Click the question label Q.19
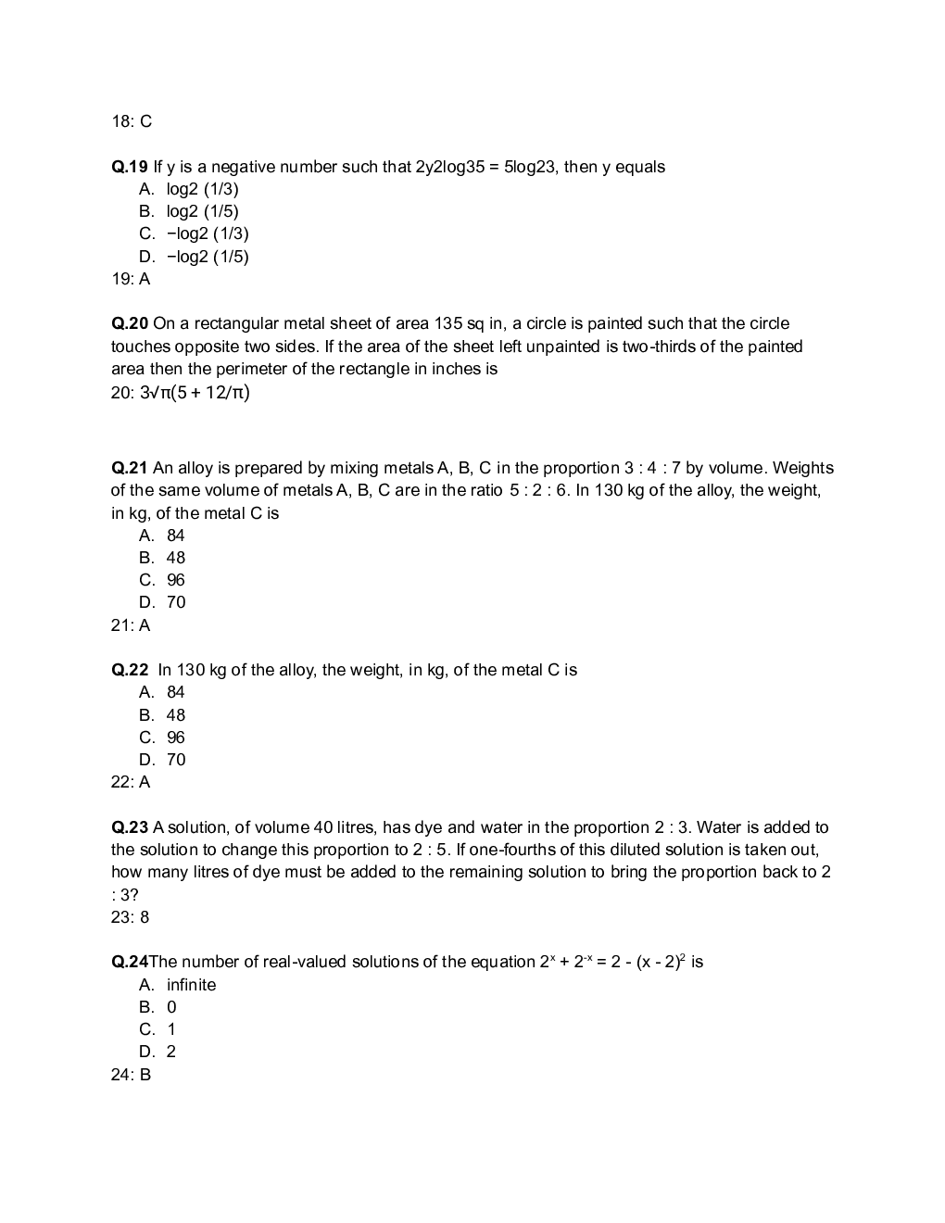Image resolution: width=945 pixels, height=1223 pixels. coord(130,168)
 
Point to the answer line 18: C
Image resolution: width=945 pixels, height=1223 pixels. coord(132,122)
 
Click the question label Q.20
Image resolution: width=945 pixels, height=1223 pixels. coord(130,324)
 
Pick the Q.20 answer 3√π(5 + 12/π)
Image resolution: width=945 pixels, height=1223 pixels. coord(194,393)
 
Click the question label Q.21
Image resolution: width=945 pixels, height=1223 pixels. coord(130,469)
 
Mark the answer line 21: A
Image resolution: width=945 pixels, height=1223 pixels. coord(131,626)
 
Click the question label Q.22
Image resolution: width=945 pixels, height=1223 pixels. coord(130,671)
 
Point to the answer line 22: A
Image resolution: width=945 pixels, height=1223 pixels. coord(131,783)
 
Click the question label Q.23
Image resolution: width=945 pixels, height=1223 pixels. coord(130,828)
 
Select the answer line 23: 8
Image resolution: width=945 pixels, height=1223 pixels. coord(131,918)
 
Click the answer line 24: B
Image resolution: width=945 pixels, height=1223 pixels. coord(131,1076)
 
